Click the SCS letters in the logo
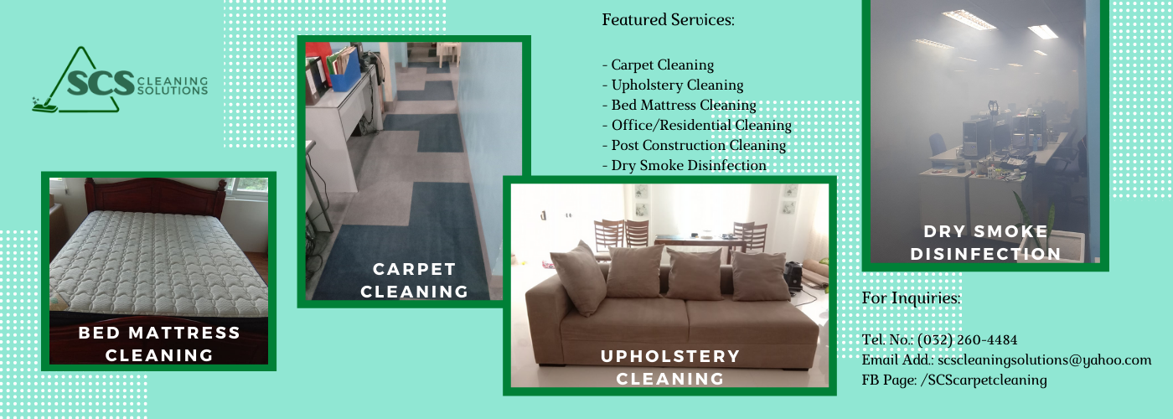point(101,83)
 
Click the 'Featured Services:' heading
point(669,20)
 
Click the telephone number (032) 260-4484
point(967,340)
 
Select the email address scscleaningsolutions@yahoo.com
point(1045,360)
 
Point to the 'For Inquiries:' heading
point(912,298)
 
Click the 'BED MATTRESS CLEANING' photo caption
point(159,344)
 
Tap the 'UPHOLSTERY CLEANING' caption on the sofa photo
point(670,367)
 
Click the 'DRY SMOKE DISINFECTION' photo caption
point(985,242)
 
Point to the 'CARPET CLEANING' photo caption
point(414,280)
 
